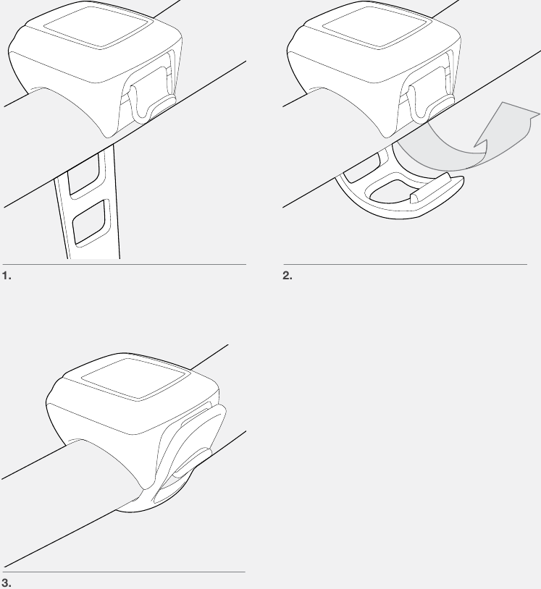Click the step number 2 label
[x=286, y=276]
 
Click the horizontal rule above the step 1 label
[x=123, y=264]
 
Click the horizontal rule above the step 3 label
[x=123, y=572]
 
